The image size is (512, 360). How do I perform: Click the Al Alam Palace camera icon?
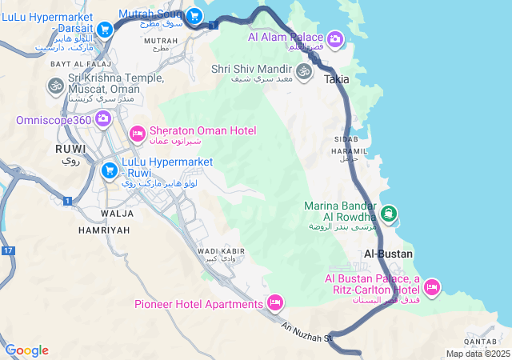(335, 38)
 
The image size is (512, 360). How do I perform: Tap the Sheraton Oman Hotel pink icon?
(137, 132)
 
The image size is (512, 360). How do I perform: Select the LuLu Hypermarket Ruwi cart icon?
(110, 170)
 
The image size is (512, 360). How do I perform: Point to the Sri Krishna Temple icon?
(55, 84)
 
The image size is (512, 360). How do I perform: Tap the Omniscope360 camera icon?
(102, 120)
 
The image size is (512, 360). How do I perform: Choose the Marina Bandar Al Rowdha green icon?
(388, 213)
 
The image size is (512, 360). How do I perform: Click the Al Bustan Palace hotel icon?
(432, 286)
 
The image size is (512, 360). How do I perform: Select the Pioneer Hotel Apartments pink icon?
(275, 302)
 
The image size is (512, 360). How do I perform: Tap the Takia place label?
(337, 81)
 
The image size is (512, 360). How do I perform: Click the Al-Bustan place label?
(388, 254)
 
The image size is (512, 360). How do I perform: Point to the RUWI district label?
(70, 149)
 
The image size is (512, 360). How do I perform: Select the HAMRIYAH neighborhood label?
(104, 230)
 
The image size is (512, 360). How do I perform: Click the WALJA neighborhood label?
(117, 214)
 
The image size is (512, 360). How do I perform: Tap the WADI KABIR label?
(221, 251)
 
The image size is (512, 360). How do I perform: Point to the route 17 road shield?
(8, 251)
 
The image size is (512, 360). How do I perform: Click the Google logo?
(26, 350)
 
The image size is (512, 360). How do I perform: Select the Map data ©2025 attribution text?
(478, 354)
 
